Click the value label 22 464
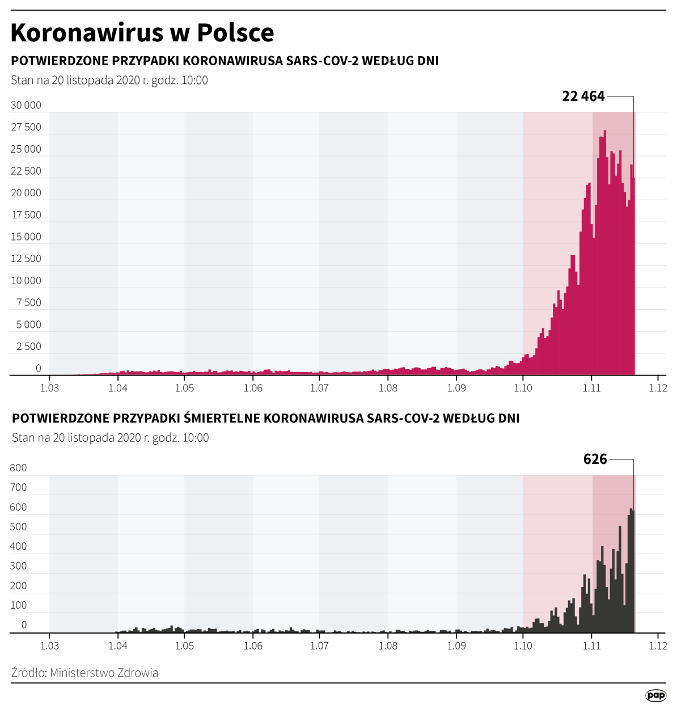583,96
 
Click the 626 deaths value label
595,459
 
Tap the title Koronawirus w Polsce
142,32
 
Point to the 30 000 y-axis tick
26,105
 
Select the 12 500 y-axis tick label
26,259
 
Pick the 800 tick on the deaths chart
18,468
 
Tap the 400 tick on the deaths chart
18,546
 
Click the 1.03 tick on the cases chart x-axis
49,388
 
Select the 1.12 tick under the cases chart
658,388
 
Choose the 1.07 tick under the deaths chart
319,645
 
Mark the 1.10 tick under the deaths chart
523,645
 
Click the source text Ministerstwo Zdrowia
104,673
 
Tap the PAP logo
655,695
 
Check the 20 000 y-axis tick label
26,193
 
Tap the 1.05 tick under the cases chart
184,388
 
